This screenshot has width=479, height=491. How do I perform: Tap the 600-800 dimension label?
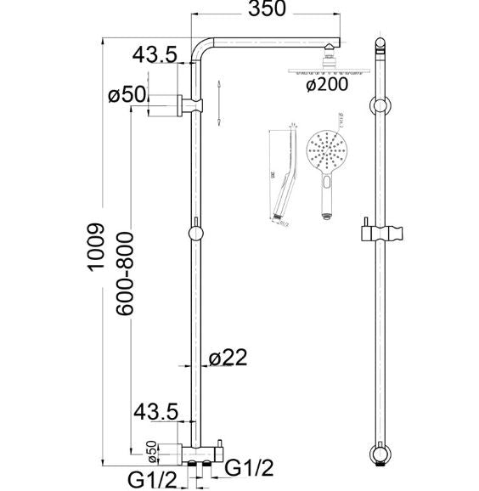pos(124,273)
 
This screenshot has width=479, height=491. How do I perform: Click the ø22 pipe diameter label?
pos(228,358)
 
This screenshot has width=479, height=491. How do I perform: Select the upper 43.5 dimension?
pos(155,56)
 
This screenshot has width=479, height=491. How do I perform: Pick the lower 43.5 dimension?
pos(155,413)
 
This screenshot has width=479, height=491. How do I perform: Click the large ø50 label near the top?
pos(127,95)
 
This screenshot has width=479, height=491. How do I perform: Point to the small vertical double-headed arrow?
pos(219,104)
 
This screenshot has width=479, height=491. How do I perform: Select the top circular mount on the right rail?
pos(379,107)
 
